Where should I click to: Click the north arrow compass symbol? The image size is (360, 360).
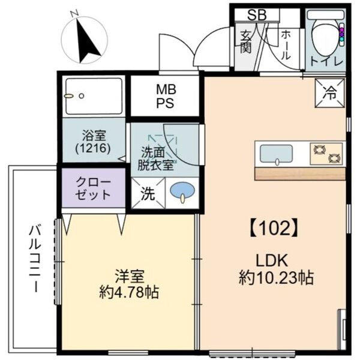(86, 40)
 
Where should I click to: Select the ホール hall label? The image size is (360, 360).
(286, 45)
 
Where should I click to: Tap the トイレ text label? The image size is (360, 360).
(326, 62)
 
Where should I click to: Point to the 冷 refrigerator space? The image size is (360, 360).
(330, 92)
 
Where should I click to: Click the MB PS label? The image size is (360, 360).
(165, 96)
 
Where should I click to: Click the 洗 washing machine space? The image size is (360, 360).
(147, 194)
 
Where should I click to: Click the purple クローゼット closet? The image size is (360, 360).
(93, 188)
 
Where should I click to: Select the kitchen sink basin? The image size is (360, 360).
(275, 154)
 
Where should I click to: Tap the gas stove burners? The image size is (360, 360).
(326, 154)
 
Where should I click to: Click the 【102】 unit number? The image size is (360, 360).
(273, 227)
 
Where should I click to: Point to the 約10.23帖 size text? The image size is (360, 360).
(273, 278)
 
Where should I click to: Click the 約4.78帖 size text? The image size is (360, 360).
(129, 293)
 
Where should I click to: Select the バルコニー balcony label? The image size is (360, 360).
(35, 258)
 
